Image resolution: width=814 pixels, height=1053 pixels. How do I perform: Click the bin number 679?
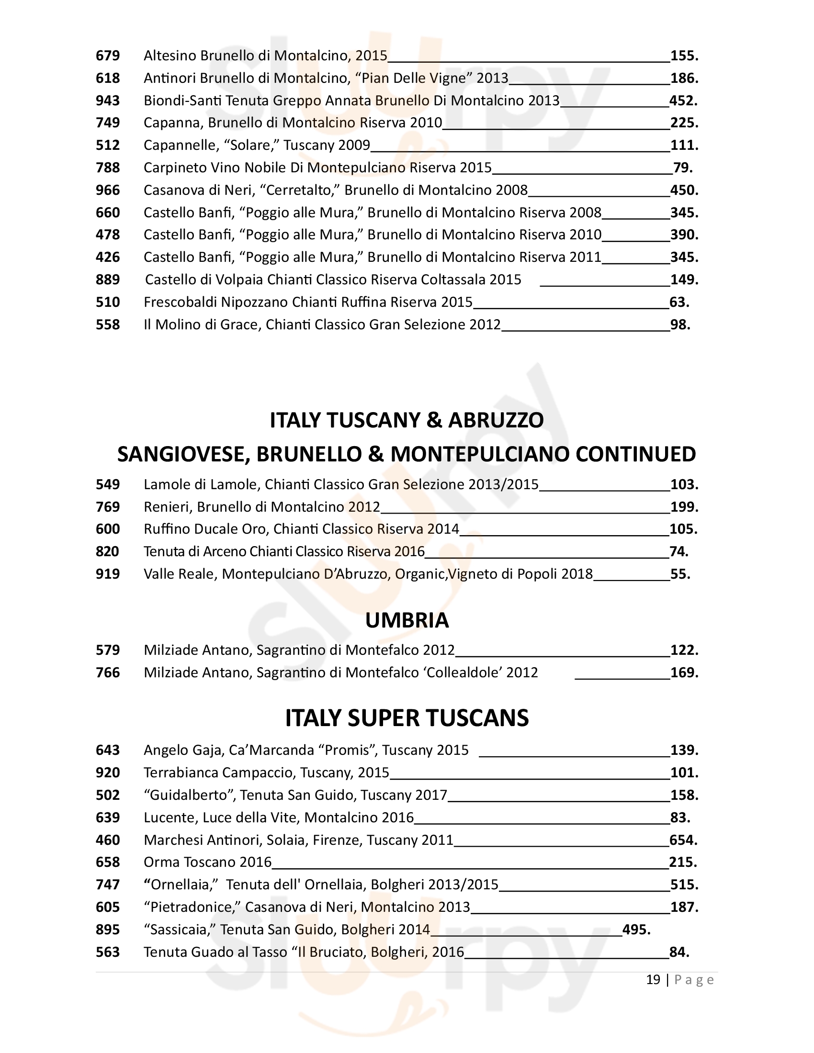pyautogui.click(x=108, y=56)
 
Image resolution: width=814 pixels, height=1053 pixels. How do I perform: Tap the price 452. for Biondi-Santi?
pyautogui.click(x=683, y=101)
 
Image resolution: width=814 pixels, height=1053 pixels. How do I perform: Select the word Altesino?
pyautogui.click(x=170, y=56)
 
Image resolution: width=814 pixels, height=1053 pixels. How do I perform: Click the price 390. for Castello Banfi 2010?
pyautogui.click(x=684, y=235)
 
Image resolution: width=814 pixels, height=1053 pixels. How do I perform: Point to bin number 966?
pyautogui.click(x=108, y=190)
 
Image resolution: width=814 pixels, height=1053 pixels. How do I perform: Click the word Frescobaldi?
pyautogui.click(x=181, y=302)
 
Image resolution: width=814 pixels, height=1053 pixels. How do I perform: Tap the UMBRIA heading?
pyautogui.click(x=407, y=620)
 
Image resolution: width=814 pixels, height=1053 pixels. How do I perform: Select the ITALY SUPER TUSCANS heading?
pyautogui.click(x=407, y=718)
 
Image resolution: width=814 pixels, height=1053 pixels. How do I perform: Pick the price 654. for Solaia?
pyautogui.click(x=683, y=840)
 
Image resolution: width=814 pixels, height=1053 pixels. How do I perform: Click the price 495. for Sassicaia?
pyautogui.click(x=636, y=930)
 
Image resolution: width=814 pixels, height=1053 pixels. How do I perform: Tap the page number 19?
pyautogui.click(x=653, y=980)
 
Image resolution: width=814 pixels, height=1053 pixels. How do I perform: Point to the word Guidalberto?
pyautogui.click(x=189, y=795)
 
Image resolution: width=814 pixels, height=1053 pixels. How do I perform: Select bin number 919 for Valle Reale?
pyautogui.click(x=108, y=574)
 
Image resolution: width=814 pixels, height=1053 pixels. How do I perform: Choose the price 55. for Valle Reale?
pyautogui.click(x=680, y=574)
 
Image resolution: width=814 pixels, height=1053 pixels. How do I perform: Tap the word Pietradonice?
pyautogui.click(x=192, y=907)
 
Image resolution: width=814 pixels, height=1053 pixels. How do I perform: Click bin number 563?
pyautogui.click(x=108, y=952)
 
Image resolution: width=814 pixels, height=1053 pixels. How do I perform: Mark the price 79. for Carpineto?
pyautogui.click(x=682, y=168)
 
